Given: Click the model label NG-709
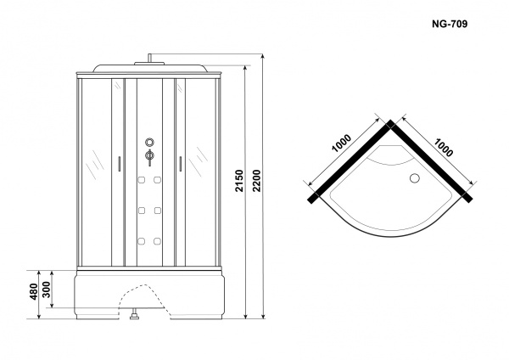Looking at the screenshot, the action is point(450,24).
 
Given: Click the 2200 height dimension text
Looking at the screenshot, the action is point(257,181).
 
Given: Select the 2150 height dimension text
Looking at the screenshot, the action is point(239,181).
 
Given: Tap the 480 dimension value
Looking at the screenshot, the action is point(34,291).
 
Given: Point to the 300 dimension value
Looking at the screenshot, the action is point(47,290).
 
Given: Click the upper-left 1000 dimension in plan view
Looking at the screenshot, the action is point(341,143).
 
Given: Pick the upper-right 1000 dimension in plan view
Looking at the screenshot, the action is point(443,148).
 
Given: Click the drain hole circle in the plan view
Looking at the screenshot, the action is point(415,178).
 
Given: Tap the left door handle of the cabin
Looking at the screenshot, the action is point(119,164).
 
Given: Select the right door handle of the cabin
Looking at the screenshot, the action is point(180,164).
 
